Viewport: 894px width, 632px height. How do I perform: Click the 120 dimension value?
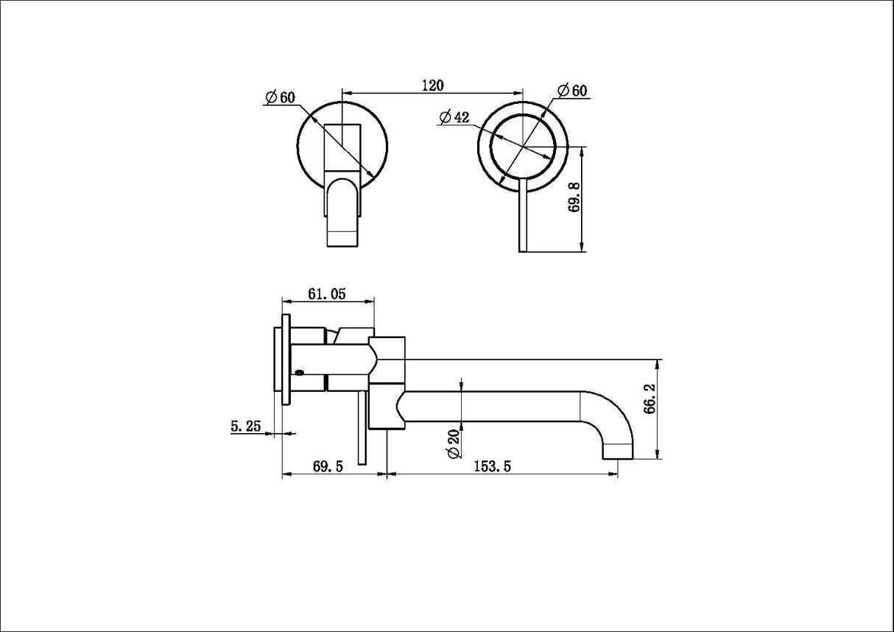[x=432, y=85]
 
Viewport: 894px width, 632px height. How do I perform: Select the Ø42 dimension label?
[x=454, y=117]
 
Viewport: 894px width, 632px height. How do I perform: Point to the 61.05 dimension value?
[x=326, y=294]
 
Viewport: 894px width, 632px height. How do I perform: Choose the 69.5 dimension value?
[x=328, y=466]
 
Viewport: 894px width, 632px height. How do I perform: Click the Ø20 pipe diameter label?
[x=452, y=443]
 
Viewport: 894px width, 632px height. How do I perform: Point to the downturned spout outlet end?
[x=617, y=451]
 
